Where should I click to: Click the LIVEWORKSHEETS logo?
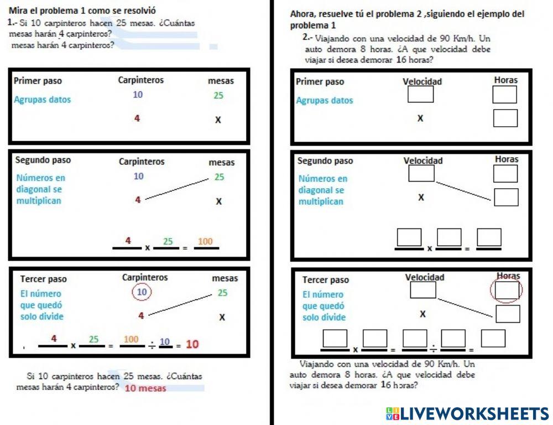click(467, 414)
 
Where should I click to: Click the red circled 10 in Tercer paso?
click(142, 292)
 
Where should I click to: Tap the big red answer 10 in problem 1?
click(192, 344)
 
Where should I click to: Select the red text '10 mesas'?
click(145, 388)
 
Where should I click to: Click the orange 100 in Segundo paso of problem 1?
click(205, 241)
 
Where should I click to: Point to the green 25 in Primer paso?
click(218, 95)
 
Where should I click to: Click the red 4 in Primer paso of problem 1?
click(137, 118)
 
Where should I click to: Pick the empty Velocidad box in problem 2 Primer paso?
click(420, 94)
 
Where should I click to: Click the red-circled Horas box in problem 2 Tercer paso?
click(507, 290)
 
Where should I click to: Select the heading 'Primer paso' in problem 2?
click(320, 82)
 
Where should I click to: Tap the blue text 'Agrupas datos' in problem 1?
click(43, 100)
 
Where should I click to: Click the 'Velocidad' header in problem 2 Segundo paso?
click(423, 160)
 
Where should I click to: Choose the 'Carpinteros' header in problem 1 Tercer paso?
click(145, 277)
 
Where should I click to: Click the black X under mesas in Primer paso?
click(218, 120)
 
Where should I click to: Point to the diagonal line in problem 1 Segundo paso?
click(177, 189)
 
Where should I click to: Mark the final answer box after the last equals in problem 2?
click(493, 338)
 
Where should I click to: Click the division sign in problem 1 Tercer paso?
click(152, 345)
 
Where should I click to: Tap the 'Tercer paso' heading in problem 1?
click(43, 279)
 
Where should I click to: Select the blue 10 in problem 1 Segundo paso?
click(139, 176)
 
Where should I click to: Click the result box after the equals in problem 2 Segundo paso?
click(489, 237)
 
